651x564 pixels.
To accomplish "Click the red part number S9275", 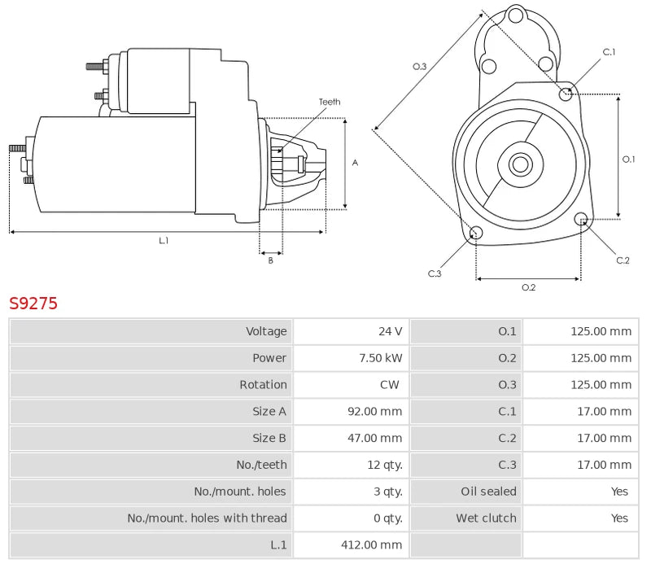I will [x=33, y=304].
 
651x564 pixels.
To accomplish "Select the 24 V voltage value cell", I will [x=390, y=331].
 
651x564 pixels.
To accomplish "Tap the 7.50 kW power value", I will [x=381, y=358].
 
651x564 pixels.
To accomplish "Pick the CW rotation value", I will [x=390, y=385].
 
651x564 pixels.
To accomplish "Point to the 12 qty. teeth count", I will [x=384, y=465].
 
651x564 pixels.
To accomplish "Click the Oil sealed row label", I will [x=488, y=492].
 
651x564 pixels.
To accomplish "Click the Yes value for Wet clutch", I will [x=619, y=518].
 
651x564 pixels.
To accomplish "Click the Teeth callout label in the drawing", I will [x=330, y=102].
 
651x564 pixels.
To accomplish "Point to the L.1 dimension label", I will [x=164, y=241].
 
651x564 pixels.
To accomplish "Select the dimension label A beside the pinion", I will [x=355, y=163].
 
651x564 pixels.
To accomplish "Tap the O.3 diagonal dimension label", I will [x=420, y=67].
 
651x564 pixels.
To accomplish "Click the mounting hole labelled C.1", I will [x=566, y=94].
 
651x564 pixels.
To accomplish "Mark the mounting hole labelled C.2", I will [x=581, y=220].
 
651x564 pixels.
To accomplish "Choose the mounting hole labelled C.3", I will [x=477, y=234].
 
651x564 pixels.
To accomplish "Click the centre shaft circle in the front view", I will [x=520, y=164].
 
